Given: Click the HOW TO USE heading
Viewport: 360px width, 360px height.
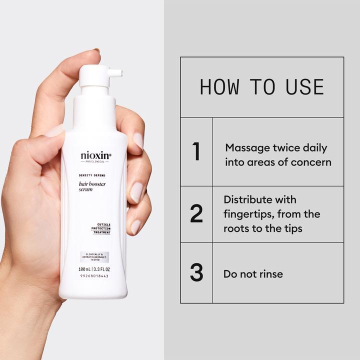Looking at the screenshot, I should pos(261,87).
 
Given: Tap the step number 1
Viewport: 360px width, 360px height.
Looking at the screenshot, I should pos(196,152).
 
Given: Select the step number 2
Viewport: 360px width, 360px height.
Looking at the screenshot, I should pos(196,213).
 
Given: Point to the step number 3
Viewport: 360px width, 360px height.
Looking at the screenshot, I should pos(196,273).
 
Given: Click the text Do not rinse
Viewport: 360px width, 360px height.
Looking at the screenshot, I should pos(253,273).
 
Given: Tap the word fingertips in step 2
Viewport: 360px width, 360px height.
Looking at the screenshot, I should pos(249,214).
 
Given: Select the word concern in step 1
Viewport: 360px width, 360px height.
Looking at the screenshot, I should pos(312,162).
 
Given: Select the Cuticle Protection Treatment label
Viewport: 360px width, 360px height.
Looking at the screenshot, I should pos(100,228).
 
